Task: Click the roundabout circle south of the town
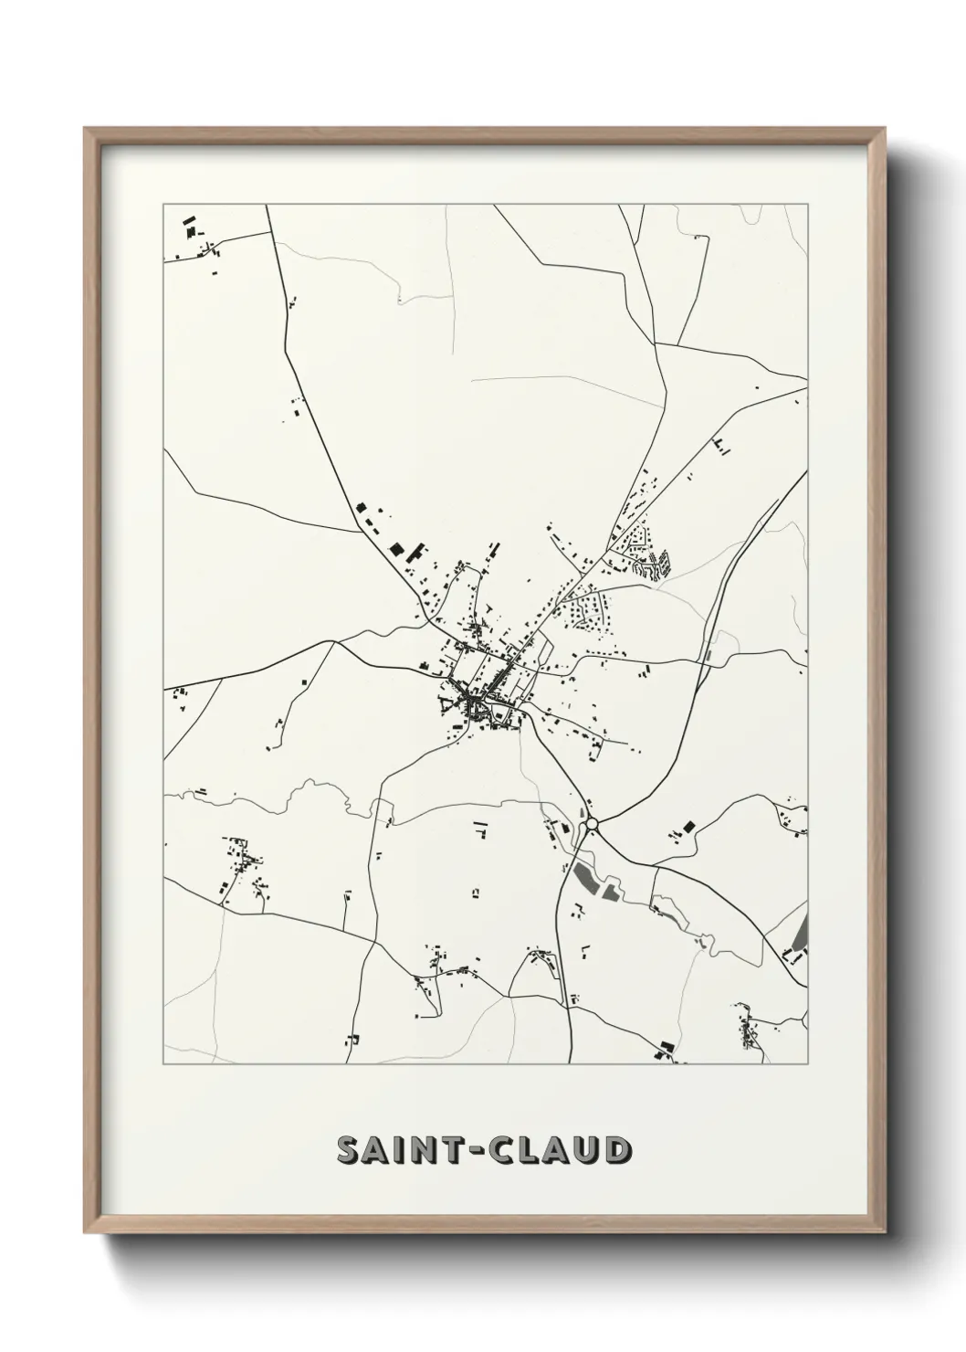592,824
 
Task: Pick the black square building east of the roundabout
688,826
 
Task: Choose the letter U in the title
587,1151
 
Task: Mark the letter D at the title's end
617,1151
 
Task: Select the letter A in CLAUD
558,1151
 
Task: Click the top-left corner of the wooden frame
86,130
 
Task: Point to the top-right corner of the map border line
808,205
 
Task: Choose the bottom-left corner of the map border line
163,1064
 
